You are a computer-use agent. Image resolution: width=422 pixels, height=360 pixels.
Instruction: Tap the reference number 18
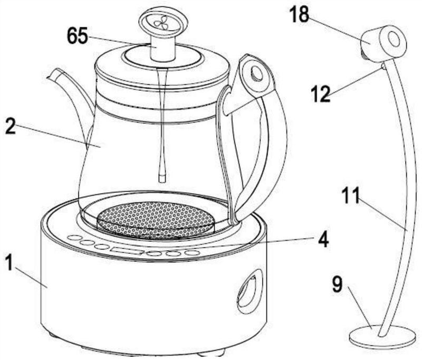coord(299,15)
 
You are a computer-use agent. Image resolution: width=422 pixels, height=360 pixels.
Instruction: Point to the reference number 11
coord(351,195)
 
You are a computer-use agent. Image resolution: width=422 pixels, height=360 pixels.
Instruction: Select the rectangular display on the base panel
coord(127,251)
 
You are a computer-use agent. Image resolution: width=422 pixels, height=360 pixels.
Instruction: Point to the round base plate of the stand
coord(381,337)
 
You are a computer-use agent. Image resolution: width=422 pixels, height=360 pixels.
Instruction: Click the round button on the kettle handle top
coord(257,72)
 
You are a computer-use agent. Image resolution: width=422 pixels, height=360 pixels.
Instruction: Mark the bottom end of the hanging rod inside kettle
coord(162,179)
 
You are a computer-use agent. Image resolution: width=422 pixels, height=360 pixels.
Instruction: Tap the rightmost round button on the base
coord(192,253)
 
